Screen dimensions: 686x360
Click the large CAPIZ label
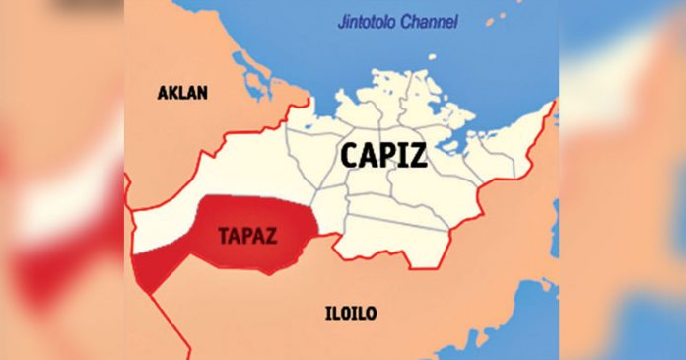point(384,154)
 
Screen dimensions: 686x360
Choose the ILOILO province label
point(350,314)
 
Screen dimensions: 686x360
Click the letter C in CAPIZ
point(351,154)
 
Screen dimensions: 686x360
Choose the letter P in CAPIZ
point(389,154)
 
